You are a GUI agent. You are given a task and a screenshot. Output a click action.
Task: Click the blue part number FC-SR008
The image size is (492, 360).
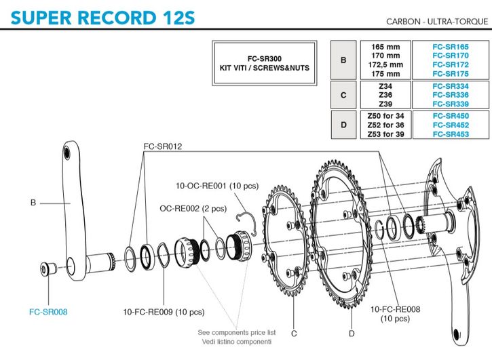tap(48, 312)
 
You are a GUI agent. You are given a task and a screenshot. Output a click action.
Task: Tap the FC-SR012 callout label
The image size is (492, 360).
tap(163, 146)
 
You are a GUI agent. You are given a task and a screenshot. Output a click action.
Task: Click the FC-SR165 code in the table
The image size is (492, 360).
tap(451, 46)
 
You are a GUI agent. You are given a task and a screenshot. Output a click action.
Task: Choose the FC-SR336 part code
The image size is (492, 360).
tap(451, 95)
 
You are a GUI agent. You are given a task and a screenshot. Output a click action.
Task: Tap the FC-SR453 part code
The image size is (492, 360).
tap(451, 134)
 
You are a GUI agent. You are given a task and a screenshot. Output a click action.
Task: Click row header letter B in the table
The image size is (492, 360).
tap(343, 60)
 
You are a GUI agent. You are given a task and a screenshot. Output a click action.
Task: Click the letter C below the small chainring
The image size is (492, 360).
tap(294, 333)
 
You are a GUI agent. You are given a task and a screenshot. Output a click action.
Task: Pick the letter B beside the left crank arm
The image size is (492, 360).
tap(33, 202)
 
